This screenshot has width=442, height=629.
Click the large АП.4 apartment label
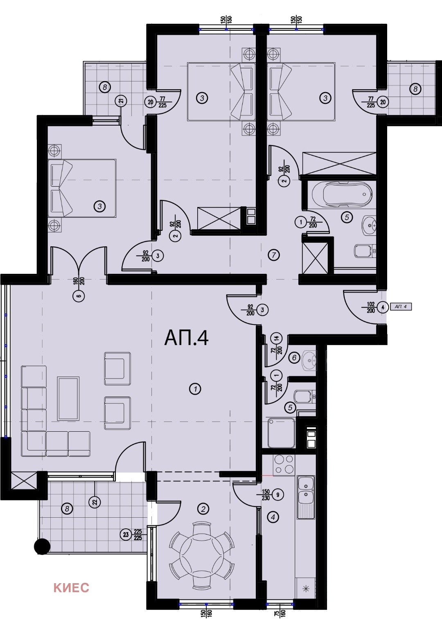[186, 338]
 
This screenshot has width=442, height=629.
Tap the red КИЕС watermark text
[71, 588]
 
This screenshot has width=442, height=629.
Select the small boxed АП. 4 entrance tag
[401, 307]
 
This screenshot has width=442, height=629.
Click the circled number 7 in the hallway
[274, 255]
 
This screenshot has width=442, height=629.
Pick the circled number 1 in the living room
[195, 389]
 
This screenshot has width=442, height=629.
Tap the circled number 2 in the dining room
[203, 509]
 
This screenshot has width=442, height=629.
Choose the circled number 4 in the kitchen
[273, 517]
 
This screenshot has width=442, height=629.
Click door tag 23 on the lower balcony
[126, 534]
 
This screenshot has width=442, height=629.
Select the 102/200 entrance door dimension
[371, 307]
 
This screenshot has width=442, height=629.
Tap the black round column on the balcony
[42, 546]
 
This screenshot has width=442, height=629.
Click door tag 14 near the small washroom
[277, 338]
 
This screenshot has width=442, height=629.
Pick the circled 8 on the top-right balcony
[415, 89]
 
